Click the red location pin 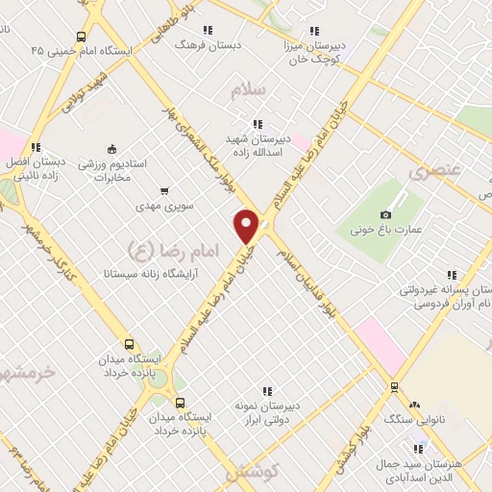[247, 226]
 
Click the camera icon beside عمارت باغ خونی [385, 213]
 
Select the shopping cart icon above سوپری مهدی [165, 191]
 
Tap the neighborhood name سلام [248, 90]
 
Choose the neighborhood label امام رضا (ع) [155, 250]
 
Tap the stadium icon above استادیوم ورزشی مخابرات [111, 149]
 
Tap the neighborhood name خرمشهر [26, 372]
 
